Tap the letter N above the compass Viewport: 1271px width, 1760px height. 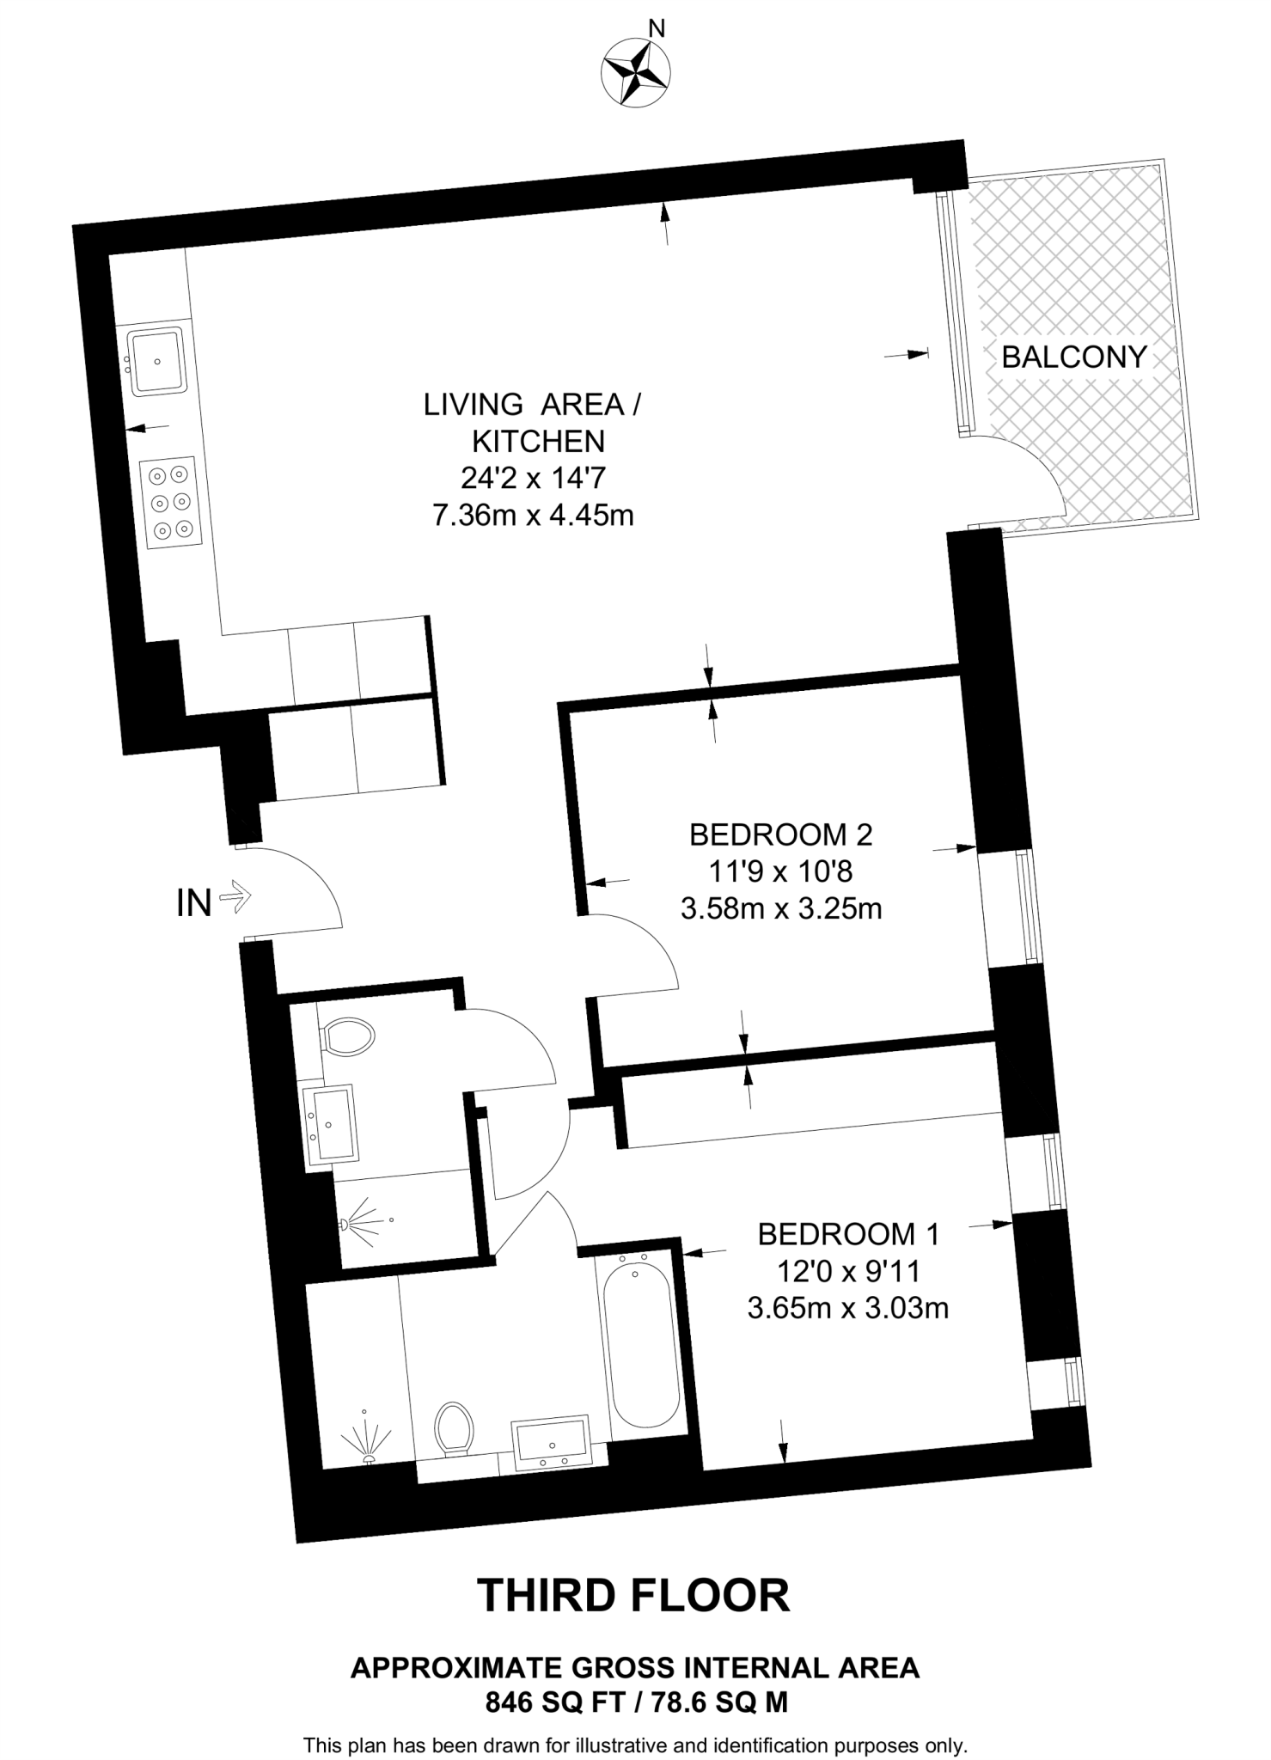pos(657,29)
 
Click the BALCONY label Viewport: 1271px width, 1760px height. pos(1074,357)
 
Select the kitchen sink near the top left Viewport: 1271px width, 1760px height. pos(156,361)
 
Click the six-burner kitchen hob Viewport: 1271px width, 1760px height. pos(169,503)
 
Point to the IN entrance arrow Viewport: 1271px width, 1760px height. pos(235,899)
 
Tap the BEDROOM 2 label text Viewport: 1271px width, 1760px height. pos(780,834)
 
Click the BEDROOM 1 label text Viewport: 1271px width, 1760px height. pos(848,1234)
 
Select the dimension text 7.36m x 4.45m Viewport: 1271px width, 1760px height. pos(533,516)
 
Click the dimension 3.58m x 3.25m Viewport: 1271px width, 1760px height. pos(780,908)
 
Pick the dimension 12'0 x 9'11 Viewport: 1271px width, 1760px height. pos(848,1271)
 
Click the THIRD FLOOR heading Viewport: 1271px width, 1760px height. pos(633,1595)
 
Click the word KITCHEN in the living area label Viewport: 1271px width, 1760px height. pos(539,441)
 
